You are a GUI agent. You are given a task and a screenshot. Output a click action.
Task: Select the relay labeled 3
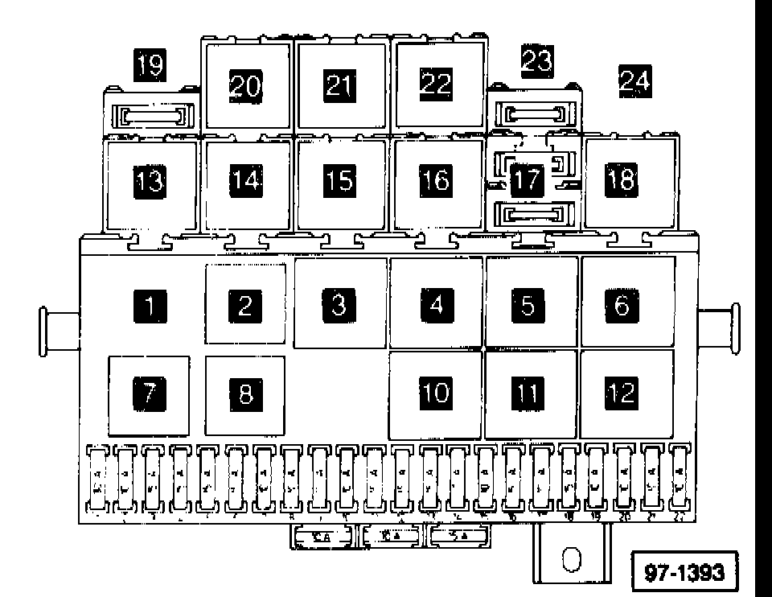tap(339, 303)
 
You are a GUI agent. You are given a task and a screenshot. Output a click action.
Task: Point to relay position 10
tap(435, 392)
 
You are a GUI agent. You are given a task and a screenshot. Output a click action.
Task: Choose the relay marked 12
tap(626, 392)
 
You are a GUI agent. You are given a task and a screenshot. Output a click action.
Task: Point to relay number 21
tap(340, 84)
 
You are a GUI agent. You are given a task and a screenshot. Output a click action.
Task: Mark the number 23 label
tap(538, 60)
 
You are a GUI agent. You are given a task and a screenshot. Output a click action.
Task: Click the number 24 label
tap(634, 80)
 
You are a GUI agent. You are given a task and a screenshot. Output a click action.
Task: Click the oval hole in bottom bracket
tap(570, 560)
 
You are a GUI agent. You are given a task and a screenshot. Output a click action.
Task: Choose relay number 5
tap(530, 304)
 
